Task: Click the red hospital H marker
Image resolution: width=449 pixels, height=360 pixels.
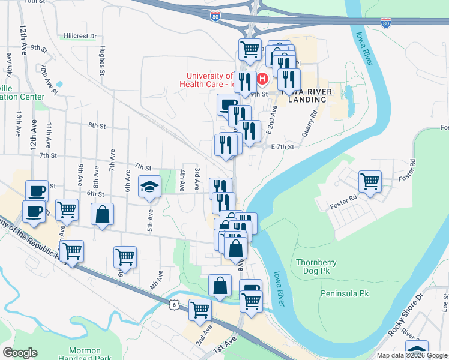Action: pyautogui.click(x=262, y=79)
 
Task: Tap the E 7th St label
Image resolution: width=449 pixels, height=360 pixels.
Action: pyautogui.click(x=283, y=147)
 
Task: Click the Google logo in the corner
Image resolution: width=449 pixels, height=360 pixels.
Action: pyautogui.click(x=20, y=352)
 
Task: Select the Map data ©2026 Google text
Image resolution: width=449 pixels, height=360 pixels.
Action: pyautogui.click(x=411, y=355)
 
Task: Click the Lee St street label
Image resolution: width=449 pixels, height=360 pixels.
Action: pyautogui.click(x=445, y=299)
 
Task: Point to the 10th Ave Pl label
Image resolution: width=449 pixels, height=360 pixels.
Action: pyautogui.click(x=49, y=81)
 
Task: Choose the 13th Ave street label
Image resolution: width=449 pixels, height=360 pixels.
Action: pyautogui.click(x=20, y=124)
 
